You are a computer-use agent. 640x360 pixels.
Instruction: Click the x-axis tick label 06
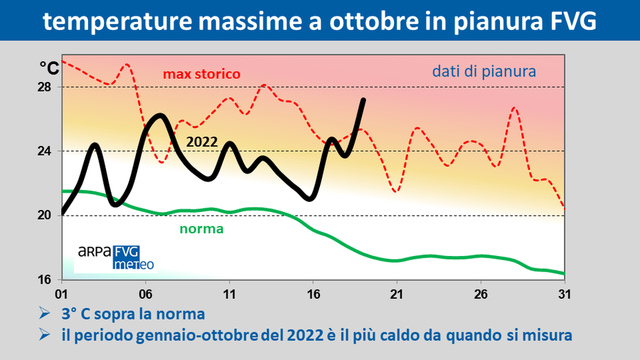(x=146, y=293)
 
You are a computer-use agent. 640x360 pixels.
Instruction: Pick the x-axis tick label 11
(x=229, y=293)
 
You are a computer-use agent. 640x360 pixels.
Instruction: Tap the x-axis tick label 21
(x=396, y=293)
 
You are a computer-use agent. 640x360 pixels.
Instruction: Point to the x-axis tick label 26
(x=480, y=293)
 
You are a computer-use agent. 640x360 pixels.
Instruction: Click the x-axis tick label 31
(x=564, y=293)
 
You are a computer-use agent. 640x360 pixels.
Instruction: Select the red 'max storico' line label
(x=202, y=74)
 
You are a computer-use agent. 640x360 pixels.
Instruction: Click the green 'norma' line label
(x=201, y=229)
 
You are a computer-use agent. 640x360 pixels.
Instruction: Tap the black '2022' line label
(x=201, y=141)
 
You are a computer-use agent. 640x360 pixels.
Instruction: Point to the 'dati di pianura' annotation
(x=483, y=71)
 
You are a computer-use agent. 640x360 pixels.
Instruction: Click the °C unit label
(x=49, y=67)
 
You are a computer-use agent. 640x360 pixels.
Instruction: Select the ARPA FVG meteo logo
(x=115, y=258)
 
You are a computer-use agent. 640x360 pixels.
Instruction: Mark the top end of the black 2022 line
(x=363, y=100)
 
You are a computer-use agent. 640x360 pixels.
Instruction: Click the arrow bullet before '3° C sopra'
(x=44, y=313)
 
